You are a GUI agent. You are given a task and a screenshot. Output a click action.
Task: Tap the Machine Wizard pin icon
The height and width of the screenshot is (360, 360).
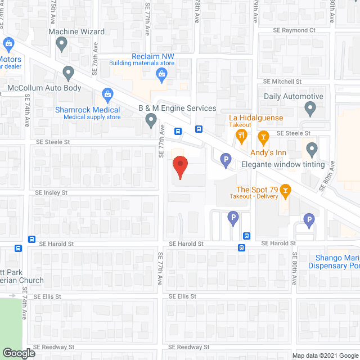tap(62, 43)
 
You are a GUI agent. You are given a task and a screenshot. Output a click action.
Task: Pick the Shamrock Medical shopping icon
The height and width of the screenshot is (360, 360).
tap(107, 94)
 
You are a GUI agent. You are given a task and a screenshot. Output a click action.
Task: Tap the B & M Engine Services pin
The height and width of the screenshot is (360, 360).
tap(151, 120)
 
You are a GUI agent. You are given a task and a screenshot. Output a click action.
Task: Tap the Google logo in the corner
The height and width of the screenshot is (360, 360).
tap(18, 353)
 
